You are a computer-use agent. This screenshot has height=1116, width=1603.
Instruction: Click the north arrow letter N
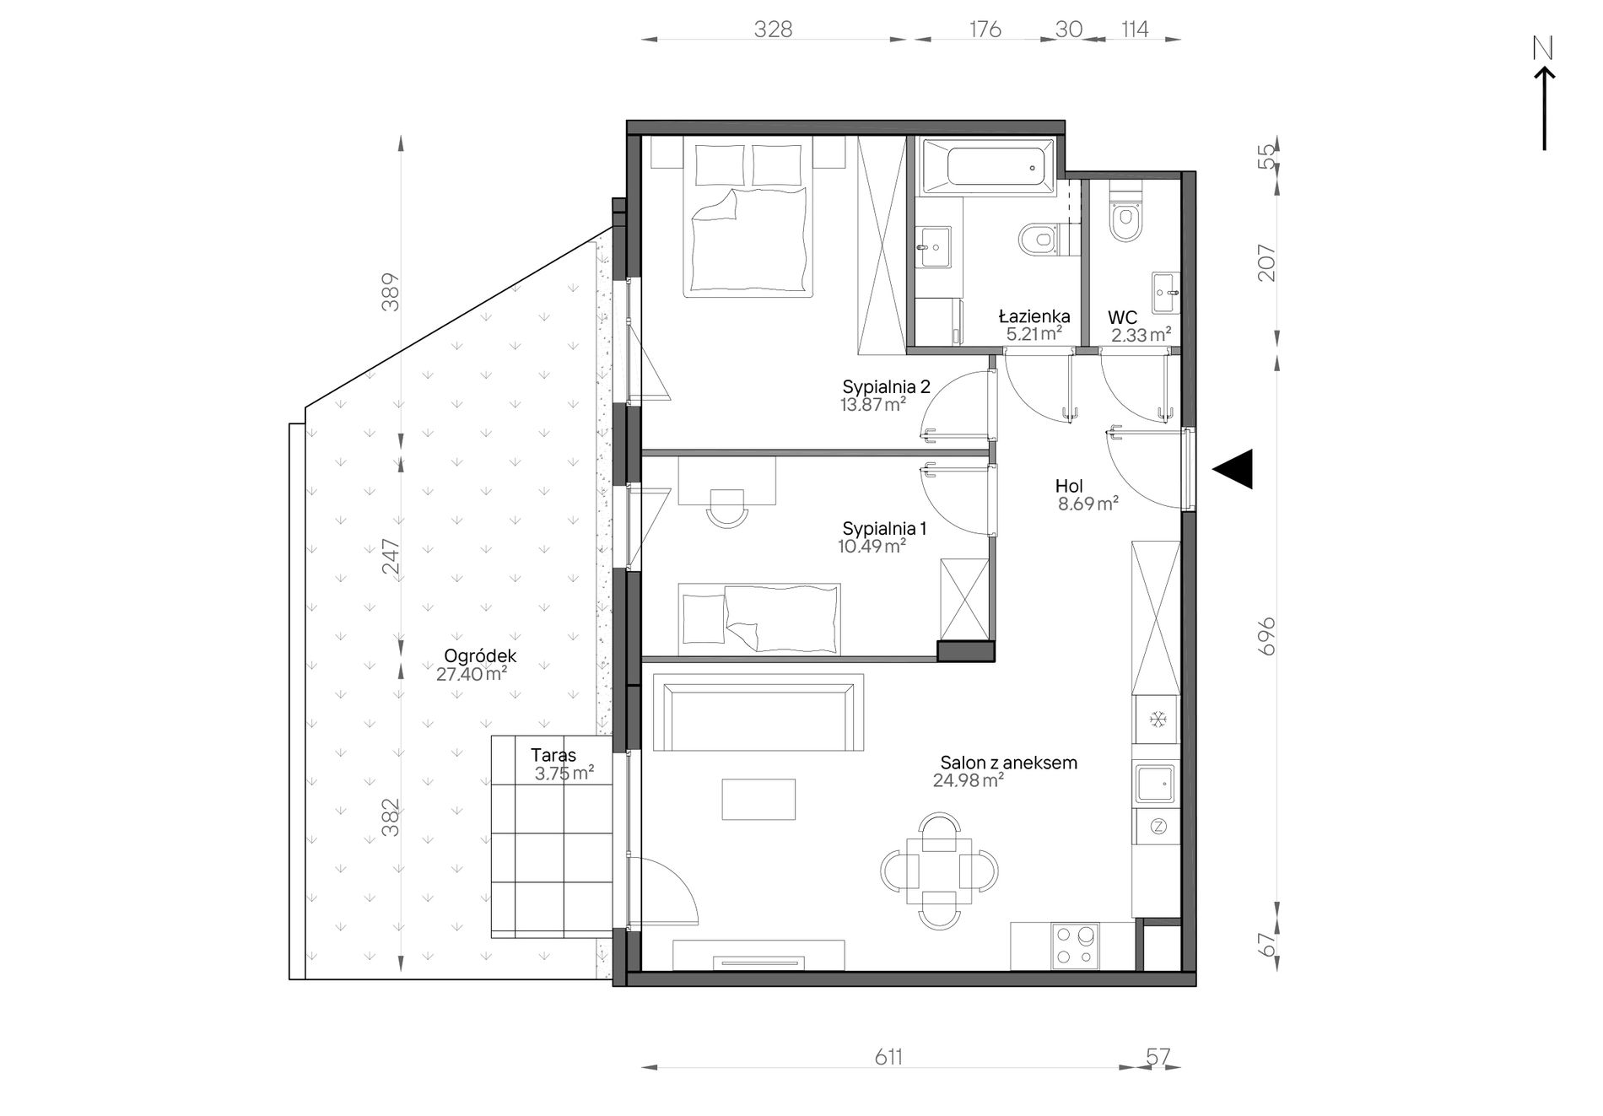point(1543,50)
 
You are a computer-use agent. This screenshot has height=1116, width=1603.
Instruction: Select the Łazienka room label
point(1034,316)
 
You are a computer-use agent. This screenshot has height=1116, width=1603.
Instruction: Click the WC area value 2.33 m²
point(1141,336)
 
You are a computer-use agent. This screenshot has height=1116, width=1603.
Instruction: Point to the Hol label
point(1069,486)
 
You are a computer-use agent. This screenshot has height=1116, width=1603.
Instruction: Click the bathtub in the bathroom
point(988,167)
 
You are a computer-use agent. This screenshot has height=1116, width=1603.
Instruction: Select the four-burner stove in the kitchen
point(1074,946)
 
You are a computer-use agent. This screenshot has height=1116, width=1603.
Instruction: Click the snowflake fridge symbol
point(1158,720)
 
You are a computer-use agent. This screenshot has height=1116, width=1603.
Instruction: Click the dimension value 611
point(888,1057)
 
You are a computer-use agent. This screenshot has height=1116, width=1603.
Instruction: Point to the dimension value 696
point(1266,636)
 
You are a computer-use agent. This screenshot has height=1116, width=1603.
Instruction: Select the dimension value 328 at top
point(773,30)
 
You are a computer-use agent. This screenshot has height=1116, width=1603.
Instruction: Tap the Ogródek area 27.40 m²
point(472,674)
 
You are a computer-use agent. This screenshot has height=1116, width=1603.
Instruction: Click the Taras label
point(553,756)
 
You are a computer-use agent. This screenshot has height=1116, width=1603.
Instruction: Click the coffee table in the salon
point(758,799)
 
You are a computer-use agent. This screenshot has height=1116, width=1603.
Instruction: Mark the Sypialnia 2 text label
point(886,386)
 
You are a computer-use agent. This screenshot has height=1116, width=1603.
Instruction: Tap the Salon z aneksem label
point(1009,763)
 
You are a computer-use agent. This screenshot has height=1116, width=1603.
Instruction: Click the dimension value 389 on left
point(390,292)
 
